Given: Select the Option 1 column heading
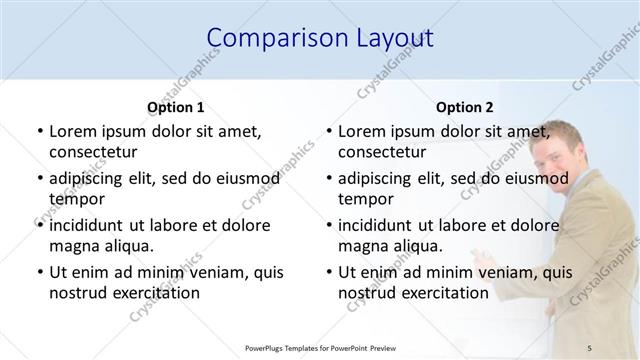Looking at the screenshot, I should [x=176, y=107].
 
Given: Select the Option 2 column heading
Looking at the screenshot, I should [x=466, y=107].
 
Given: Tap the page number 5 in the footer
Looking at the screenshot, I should [x=590, y=346].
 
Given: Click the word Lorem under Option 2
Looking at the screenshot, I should [x=362, y=131].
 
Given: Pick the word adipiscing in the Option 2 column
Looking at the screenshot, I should [x=379, y=178].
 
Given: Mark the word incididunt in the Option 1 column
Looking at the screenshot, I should [x=91, y=225].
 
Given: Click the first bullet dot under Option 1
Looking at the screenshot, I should [x=39, y=131].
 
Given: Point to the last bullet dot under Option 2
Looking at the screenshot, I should [x=329, y=272].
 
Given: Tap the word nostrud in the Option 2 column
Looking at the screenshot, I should [x=367, y=293].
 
